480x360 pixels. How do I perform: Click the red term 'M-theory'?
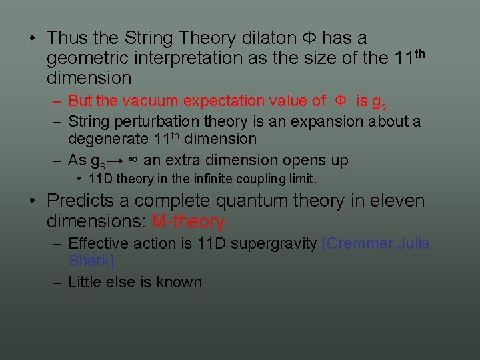[189, 221]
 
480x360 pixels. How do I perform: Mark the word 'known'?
[179, 282]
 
